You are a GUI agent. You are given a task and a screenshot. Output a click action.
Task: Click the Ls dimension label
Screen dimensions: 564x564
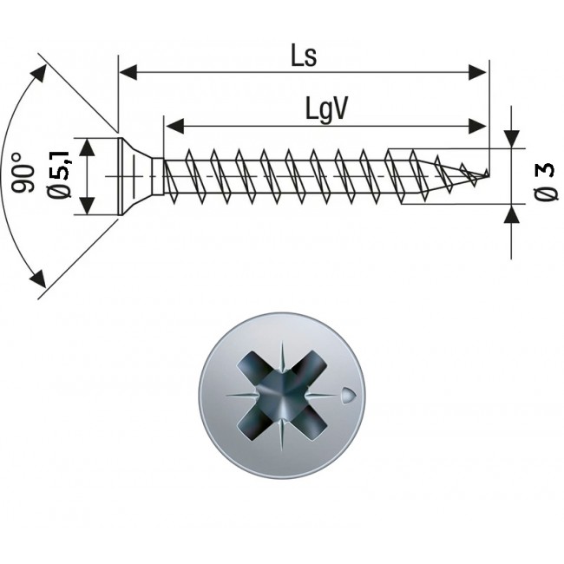pyautogui.click(x=304, y=56)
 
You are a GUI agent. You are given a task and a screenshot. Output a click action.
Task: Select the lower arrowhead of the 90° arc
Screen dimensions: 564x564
pyautogui.click(x=38, y=279)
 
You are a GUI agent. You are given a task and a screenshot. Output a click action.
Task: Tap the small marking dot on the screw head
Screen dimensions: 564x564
pyautogui.click(x=347, y=394)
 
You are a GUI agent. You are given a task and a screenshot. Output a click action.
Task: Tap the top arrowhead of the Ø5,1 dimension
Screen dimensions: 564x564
pyautogui.click(x=85, y=144)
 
